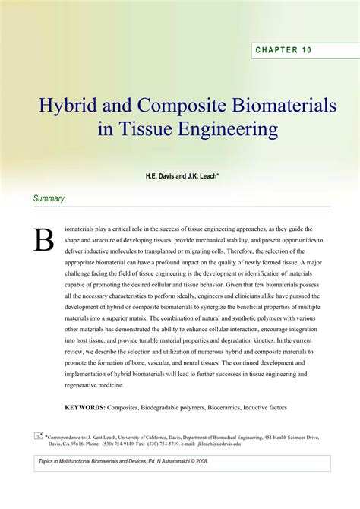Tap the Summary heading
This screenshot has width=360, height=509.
[x=49, y=198]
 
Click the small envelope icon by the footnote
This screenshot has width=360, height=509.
[x=38, y=436]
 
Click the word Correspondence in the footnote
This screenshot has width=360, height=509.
[x=67, y=438]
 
